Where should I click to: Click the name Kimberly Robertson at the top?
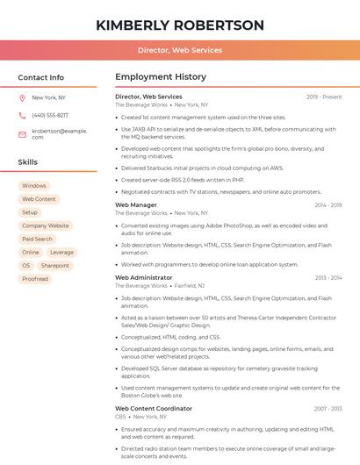pos(180,25)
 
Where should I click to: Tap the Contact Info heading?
pos(40,77)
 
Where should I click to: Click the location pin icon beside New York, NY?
pos(23,97)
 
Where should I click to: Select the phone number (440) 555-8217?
pos(50,115)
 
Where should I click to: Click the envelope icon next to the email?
pos(23,133)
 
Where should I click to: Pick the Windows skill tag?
pos(34,186)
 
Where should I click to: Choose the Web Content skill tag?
pos(39,199)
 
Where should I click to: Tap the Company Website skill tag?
pos(46,225)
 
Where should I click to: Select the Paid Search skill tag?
pos(38,239)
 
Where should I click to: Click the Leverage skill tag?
pos(62,252)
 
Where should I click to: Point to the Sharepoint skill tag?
pos(55,265)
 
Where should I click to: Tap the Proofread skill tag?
pos(35,279)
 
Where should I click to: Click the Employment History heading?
pos(161,77)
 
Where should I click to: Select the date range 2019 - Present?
pos(324,97)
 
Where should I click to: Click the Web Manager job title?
pos(136,205)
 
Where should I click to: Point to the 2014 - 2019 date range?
pos(328,205)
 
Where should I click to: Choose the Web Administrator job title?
pos(144,277)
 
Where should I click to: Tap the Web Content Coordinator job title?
pos(154,409)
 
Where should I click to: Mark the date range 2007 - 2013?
pos(328,409)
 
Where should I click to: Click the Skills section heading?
pos(28,162)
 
